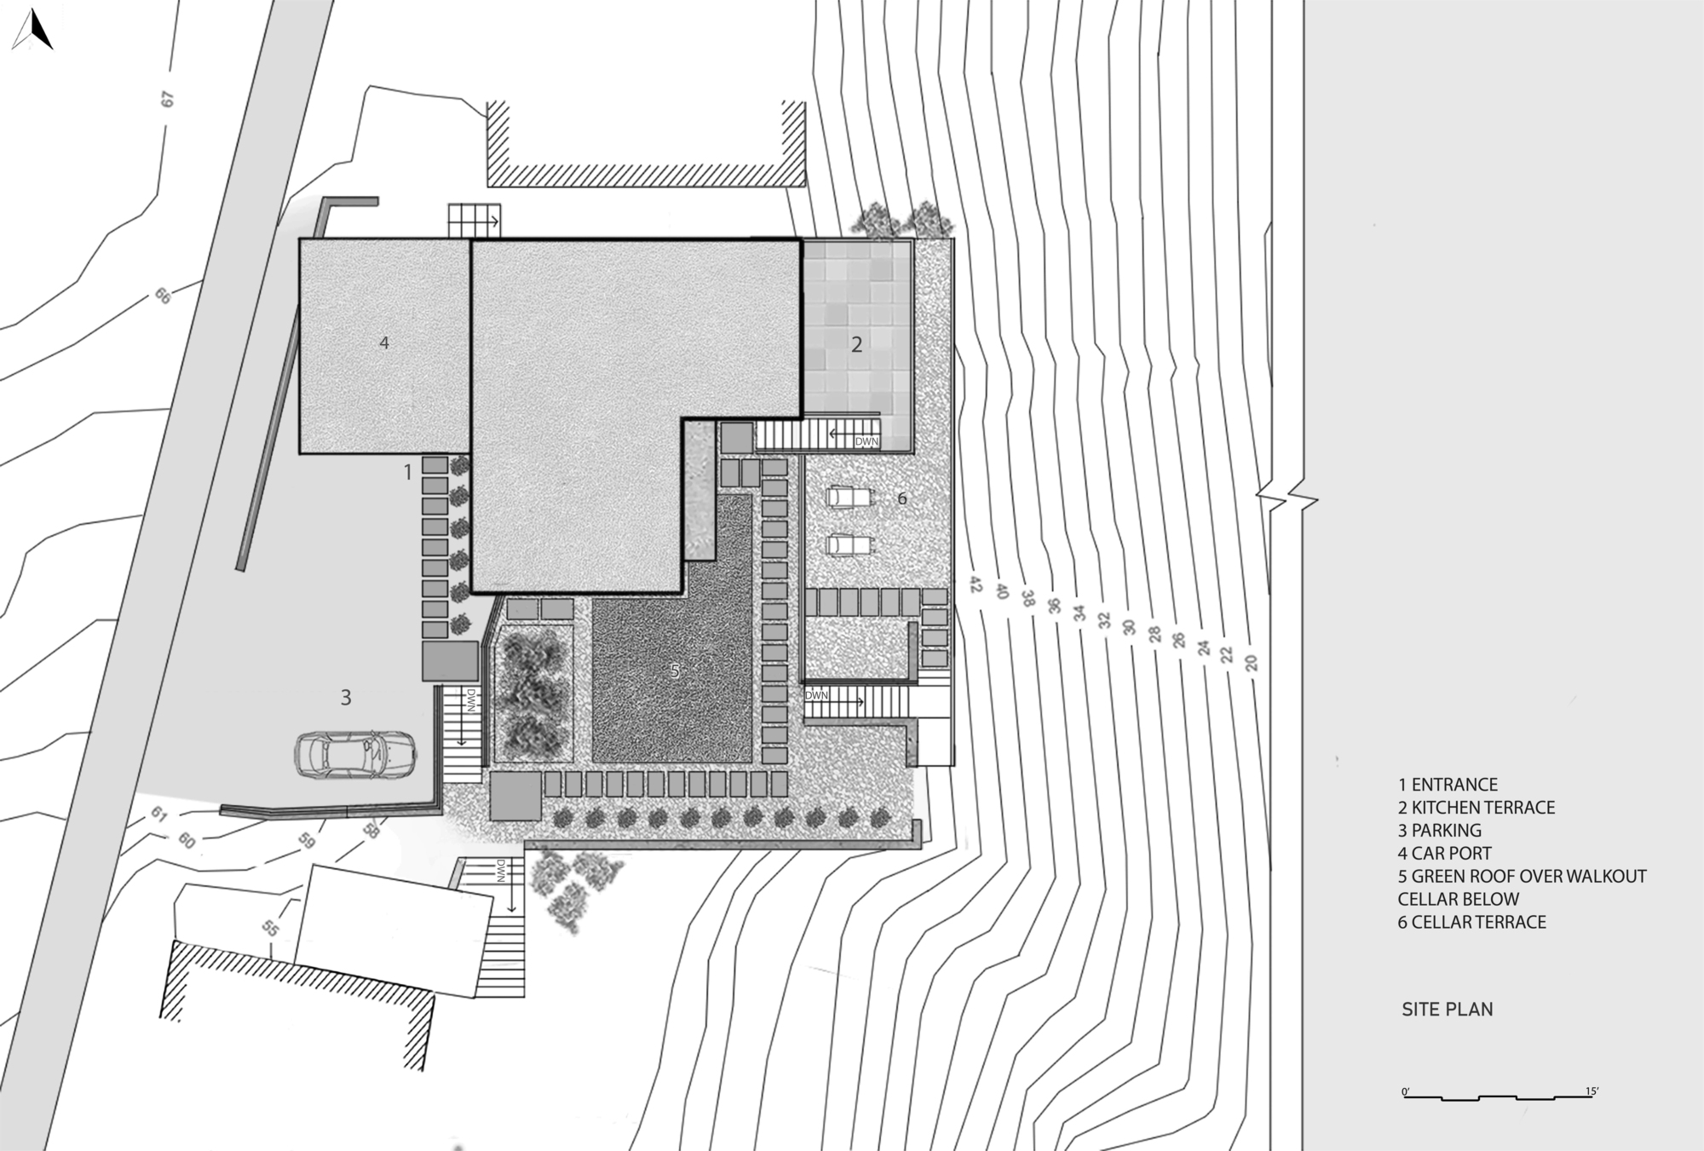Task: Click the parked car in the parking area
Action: pyautogui.click(x=355, y=753)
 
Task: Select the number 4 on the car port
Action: pyautogui.click(x=384, y=342)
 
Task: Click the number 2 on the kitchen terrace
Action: pyautogui.click(x=857, y=344)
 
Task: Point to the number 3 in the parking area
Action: pyautogui.click(x=346, y=698)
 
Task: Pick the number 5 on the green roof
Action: pyautogui.click(x=675, y=671)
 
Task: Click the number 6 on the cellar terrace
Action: pyautogui.click(x=902, y=498)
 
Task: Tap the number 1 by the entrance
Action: pyautogui.click(x=407, y=471)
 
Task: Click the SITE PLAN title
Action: pyautogui.click(x=1448, y=1010)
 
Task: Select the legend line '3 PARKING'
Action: pyautogui.click(x=1440, y=830)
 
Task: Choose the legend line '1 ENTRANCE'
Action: pyautogui.click(x=1448, y=785)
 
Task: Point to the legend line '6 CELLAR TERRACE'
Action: pyautogui.click(x=1472, y=922)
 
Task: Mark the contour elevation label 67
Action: pyautogui.click(x=167, y=99)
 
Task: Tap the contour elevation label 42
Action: pyautogui.click(x=976, y=585)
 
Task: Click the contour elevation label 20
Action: pyautogui.click(x=1251, y=662)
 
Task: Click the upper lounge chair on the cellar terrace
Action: pyautogui.click(x=849, y=496)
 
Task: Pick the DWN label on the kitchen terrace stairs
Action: pyautogui.click(x=866, y=442)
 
